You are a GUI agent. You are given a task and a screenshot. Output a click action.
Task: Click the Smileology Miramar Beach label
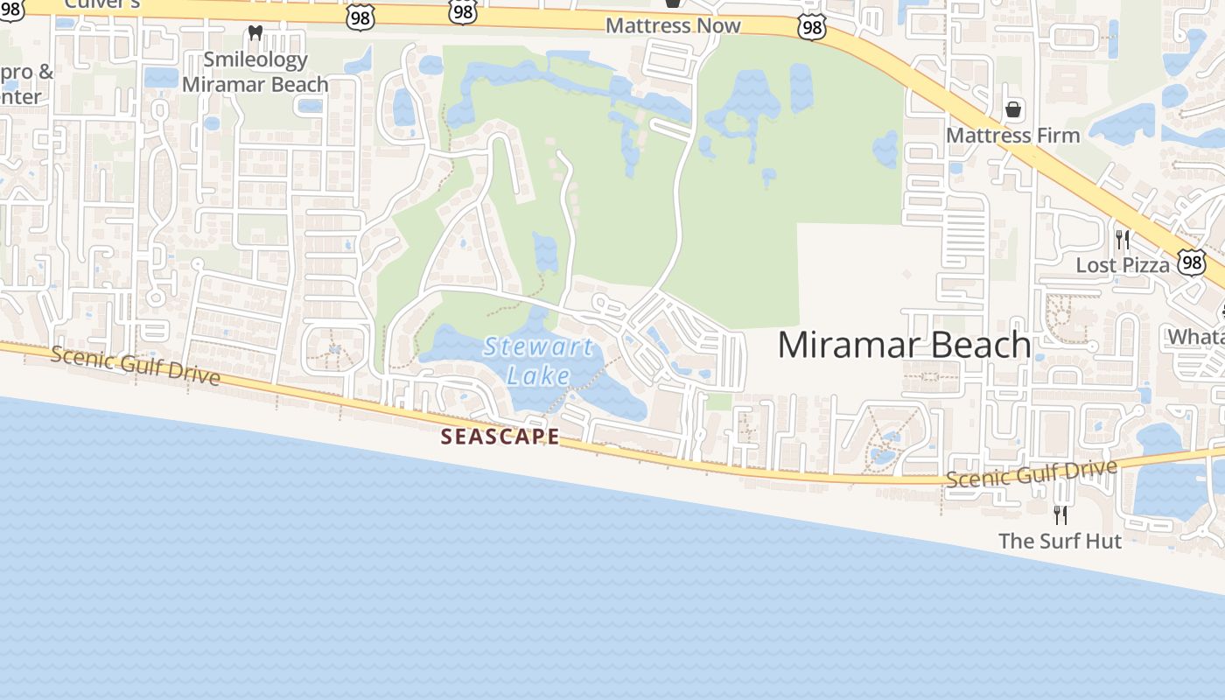[255, 72]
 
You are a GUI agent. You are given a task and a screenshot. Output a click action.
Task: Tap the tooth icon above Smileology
[255, 33]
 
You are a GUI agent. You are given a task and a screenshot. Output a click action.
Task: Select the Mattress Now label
[673, 25]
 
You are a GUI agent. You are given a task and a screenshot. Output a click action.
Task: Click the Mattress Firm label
[1012, 136]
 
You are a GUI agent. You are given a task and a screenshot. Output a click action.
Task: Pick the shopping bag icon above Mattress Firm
[1013, 109]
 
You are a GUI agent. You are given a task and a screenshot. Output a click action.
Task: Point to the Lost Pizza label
[1122, 264]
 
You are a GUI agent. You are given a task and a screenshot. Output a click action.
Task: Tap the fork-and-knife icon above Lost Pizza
[1123, 239]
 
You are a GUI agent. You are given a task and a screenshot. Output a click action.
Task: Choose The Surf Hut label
[1060, 541]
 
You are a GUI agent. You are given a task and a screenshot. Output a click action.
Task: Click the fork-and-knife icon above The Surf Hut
[1060, 514]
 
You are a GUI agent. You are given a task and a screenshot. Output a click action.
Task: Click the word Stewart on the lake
[538, 347]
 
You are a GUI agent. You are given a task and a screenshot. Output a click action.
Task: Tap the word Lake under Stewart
[539, 376]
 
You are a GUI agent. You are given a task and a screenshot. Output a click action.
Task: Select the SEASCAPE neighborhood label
[500, 436]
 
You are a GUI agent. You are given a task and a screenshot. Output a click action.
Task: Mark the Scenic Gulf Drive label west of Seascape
[136, 366]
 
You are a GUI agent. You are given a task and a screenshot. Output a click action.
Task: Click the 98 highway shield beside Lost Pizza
[1191, 262]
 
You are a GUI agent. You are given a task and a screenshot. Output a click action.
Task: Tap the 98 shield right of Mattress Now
[812, 28]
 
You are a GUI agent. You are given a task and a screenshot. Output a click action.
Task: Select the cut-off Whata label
[1195, 336]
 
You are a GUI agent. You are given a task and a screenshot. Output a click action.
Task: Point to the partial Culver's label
[102, 3]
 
